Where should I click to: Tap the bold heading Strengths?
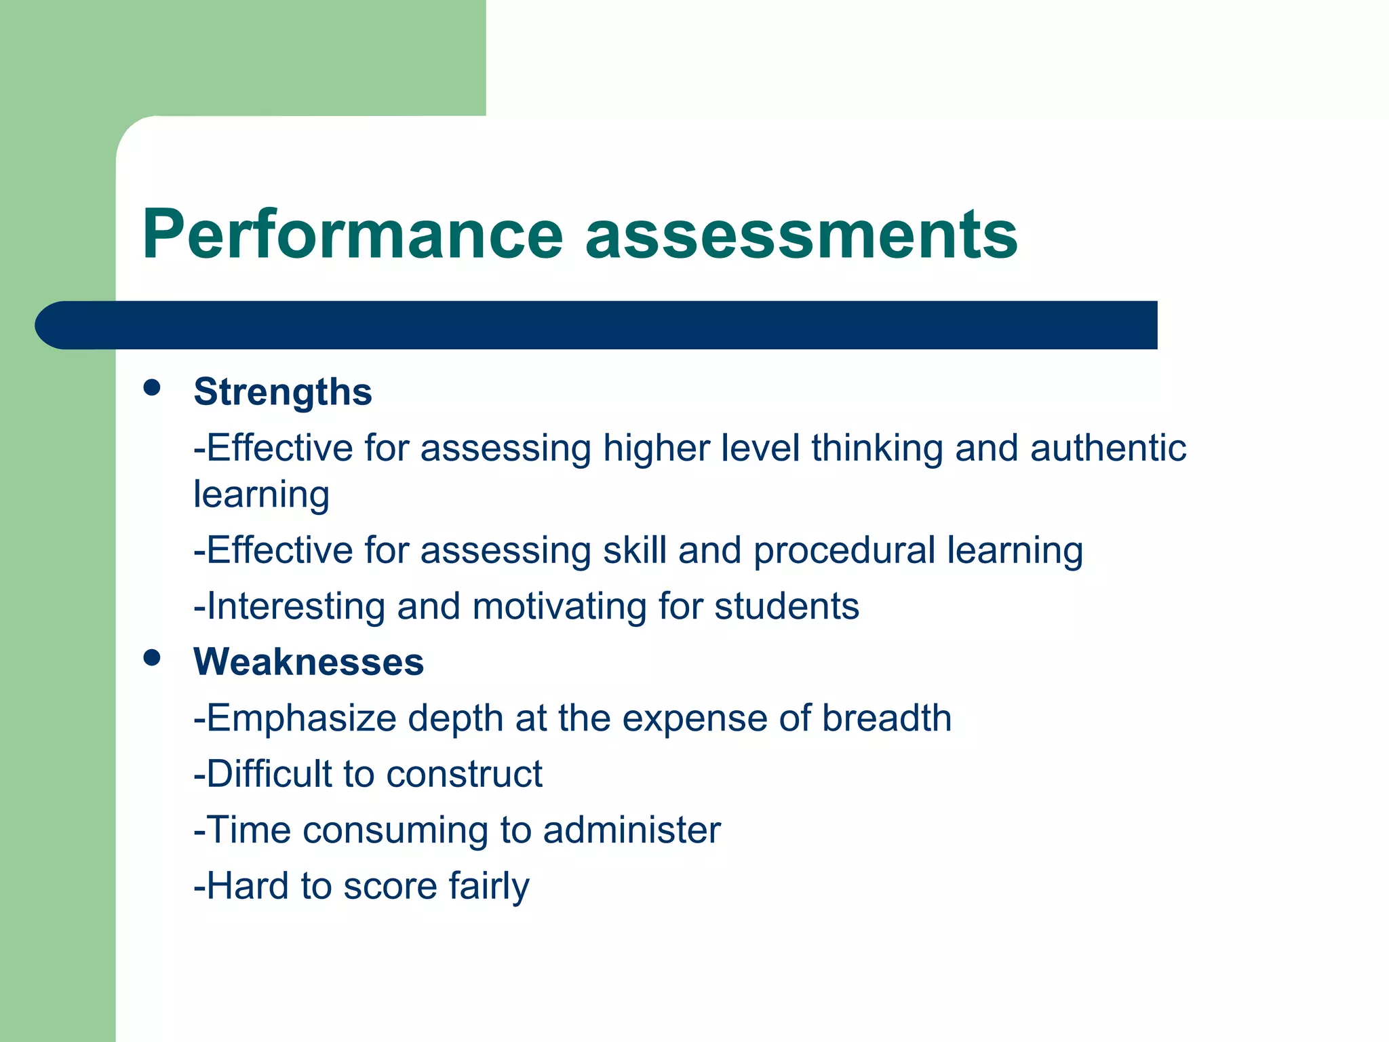pyautogui.click(x=283, y=391)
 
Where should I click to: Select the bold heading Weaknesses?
pyautogui.click(x=309, y=661)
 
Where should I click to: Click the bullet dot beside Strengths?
pyautogui.click(x=152, y=387)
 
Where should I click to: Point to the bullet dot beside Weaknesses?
pyautogui.click(x=152, y=657)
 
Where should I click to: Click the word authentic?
pyautogui.click(x=1108, y=448)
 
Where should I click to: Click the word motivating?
pyautogui.click(x=560, y=606)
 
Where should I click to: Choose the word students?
pyautogui.click(x=787, y=606)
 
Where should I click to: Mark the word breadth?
pyautogui.click(x=886, y=718)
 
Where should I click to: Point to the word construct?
pyautogui.click(x=464, y=774)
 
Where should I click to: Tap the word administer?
pyautogui.click(x=631, y=830)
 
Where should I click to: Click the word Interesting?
pyautogui.click(x=296, y=606)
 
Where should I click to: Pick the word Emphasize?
pyautogui.click(x=301, y=718)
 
